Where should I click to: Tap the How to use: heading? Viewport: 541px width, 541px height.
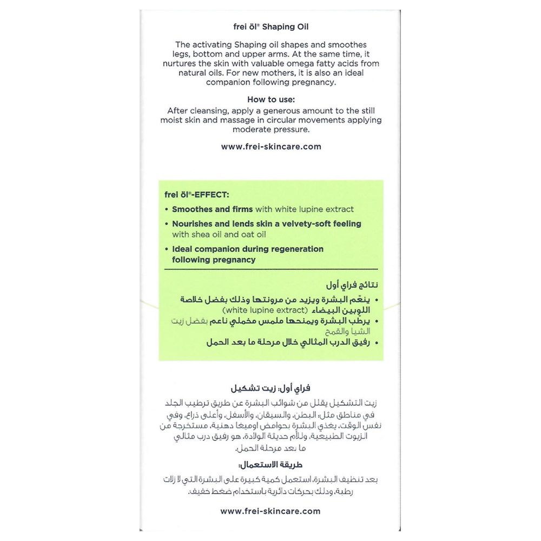(271, 100)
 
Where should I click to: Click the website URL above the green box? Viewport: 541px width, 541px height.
(271, 147)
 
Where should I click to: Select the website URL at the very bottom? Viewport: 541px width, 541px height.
(270, 511)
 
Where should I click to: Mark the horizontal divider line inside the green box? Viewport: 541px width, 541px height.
(270, 269)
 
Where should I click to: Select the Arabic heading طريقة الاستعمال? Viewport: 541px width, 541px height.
(270, 465)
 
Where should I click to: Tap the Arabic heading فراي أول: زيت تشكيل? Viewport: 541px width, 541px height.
(270, 388)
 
